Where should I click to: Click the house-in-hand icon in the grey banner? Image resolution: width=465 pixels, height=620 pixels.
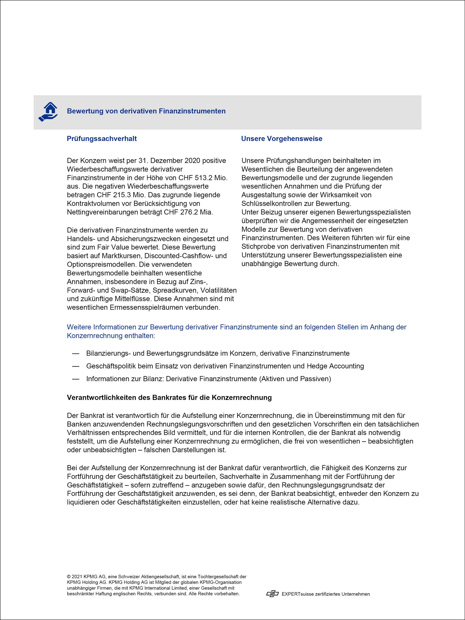pos(48,112)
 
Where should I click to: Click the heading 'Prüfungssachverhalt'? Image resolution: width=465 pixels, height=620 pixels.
pos(102,139)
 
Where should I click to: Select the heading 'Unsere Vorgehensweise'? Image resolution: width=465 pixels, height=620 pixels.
pos(282,139)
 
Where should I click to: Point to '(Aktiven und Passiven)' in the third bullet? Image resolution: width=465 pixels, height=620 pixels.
pos(295,379)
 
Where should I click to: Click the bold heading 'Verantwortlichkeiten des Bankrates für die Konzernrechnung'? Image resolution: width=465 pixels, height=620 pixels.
pos(169,398)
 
